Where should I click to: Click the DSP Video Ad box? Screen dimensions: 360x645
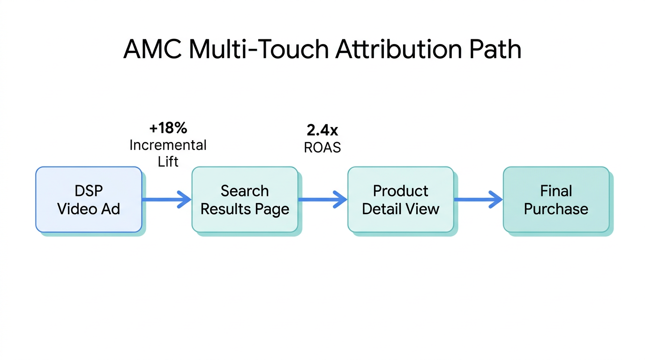point(89,200)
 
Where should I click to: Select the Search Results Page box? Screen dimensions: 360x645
point(245,200)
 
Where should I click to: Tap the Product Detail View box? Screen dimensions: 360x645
point(400,200)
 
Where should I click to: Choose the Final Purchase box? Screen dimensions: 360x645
point(556,200)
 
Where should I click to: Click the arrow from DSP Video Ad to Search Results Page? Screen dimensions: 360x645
point(167,200)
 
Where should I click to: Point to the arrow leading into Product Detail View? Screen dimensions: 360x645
point(322,200)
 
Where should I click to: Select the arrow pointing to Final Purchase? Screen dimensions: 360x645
point(478,200)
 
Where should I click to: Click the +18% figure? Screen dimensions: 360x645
point(168,128)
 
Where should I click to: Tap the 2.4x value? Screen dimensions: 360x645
point(322,130)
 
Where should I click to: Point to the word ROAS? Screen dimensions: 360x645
point(322,147)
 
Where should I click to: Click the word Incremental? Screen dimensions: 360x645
point(168,145)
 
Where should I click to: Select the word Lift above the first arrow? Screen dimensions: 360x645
point(168,162)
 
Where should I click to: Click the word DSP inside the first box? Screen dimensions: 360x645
point(89,191)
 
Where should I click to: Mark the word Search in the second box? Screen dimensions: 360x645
point(245,191)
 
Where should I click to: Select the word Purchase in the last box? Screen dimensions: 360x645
point(556,209)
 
